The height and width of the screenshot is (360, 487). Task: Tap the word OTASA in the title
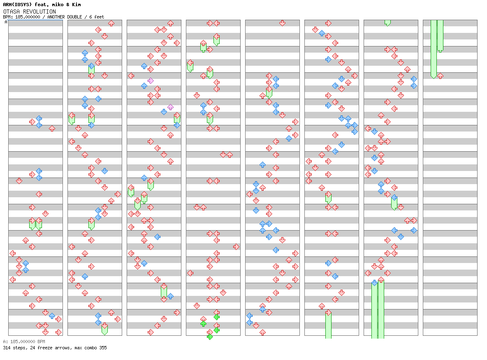point(12,12)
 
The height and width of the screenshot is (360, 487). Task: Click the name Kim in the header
point(77,5)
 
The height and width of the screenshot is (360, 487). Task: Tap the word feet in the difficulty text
point(99,17)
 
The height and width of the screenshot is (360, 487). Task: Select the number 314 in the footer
point(7,348)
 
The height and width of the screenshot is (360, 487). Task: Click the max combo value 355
point(102,348)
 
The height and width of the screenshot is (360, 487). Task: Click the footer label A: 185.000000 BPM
point(24,342)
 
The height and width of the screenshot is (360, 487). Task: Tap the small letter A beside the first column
point(6,22)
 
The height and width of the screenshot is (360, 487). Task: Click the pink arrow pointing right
point(151,81)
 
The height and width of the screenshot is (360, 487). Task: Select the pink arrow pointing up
point(170,107)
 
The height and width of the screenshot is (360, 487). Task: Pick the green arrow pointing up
point(203,324)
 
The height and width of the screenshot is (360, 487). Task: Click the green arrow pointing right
point(210,337)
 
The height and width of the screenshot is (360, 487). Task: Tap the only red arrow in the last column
point(440,76)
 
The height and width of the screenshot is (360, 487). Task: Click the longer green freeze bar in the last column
point(434,48)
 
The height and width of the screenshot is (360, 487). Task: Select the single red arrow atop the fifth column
point(282,23)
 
